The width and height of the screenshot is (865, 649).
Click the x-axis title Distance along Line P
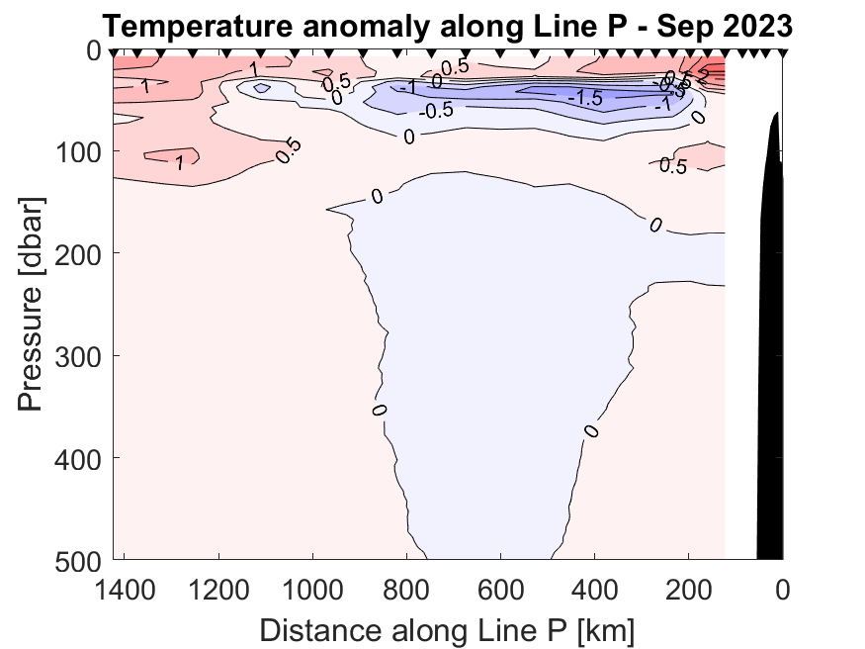[447, 628]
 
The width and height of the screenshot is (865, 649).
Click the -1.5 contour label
[585, 99]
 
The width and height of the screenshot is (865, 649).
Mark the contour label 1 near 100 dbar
[179, 162]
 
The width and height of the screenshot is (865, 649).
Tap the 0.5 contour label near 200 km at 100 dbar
[672, 166]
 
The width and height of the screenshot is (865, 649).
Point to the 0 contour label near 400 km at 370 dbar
[591, 430]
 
